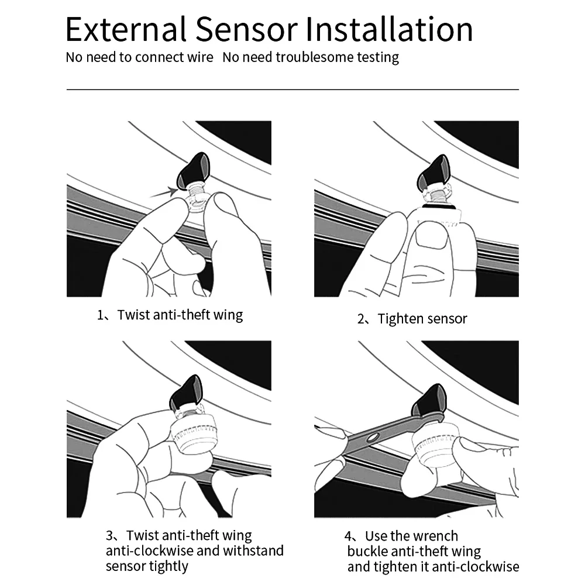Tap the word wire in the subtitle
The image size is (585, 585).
tap(199, 57)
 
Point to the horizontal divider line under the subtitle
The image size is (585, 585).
tap(292, 90)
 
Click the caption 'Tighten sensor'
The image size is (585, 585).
tap(422, 319)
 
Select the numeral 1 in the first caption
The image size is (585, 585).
tap(100, 315)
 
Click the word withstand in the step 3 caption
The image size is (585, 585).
tap(254, 550)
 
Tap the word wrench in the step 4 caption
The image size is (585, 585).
tap(435, 536)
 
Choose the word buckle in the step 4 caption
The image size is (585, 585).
tap(367, 551)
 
